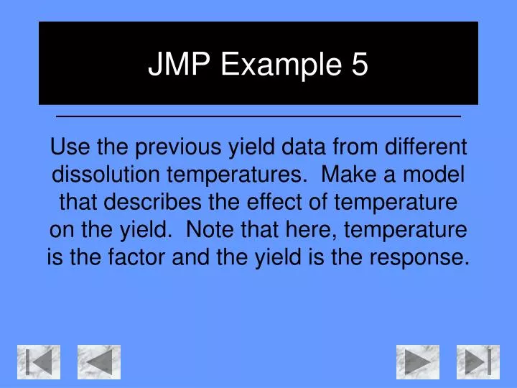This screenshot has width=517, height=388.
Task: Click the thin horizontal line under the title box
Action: tap(258, 116)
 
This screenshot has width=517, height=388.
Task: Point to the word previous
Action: tap(183, 148)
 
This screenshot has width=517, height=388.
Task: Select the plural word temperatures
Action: tap(235, 175)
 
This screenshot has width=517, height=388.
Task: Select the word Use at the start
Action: tap(68, 148)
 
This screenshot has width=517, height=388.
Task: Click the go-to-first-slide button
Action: tap(39, 361)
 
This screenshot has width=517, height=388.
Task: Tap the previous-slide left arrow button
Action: tap(99, 361)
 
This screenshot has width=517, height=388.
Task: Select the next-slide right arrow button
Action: tap(417, 361)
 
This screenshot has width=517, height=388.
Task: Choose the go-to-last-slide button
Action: tap(478, 361)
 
